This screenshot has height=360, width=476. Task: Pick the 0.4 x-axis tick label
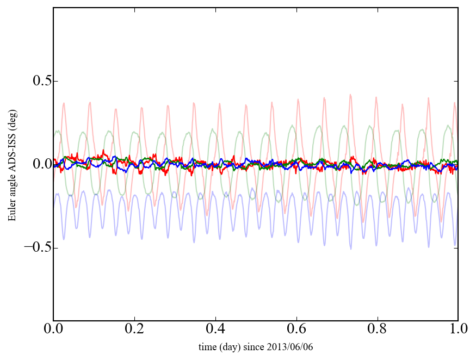point(215,330)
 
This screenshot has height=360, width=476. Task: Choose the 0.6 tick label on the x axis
point(296,330)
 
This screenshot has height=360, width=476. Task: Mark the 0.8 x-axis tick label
point(377,330)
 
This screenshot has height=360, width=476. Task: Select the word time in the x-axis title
point(207,347)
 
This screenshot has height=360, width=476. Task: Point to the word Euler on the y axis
point(11,211)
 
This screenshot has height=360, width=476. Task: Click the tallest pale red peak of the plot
point(350,95)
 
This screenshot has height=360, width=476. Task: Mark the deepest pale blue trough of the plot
point(351,249)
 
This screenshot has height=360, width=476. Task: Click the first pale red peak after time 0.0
point(64,103)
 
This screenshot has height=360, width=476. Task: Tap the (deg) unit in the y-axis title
point(11,117)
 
